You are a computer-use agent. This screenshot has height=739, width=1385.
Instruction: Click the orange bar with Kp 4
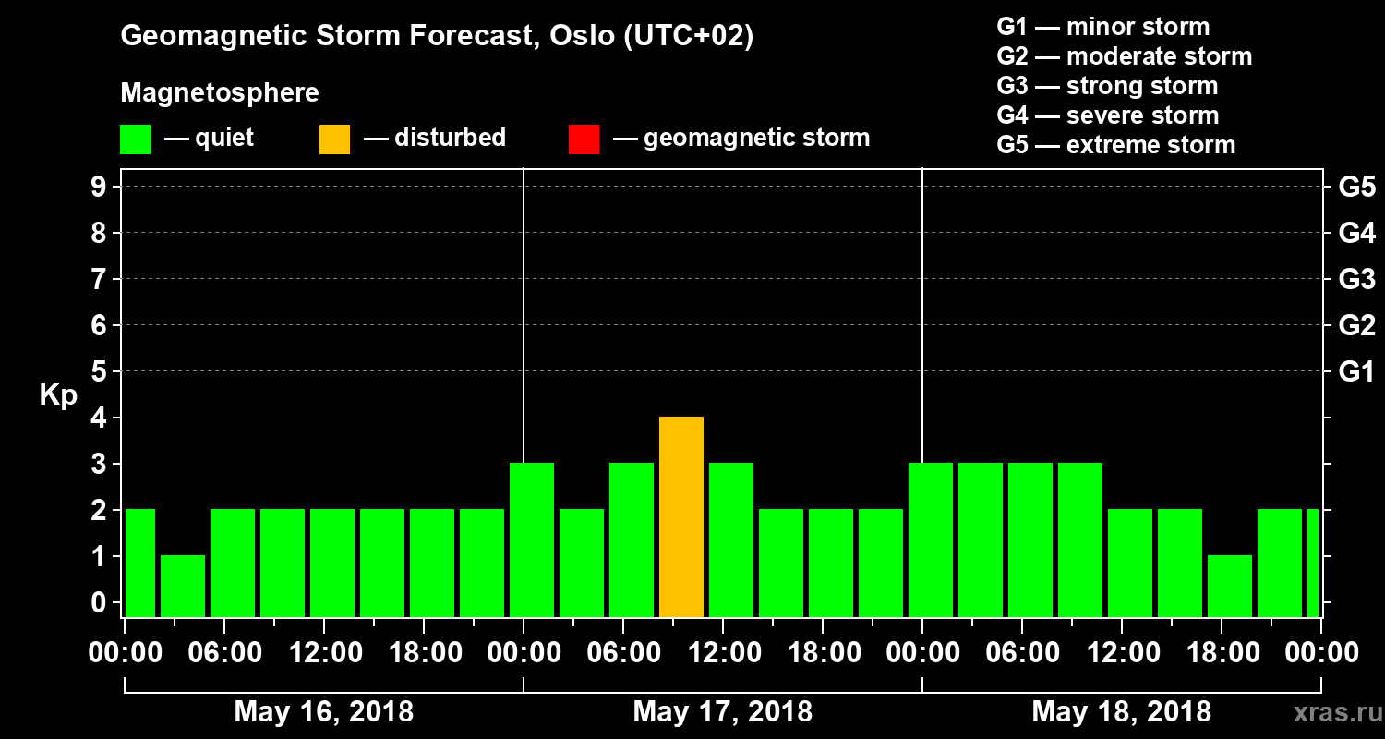click(681, 516)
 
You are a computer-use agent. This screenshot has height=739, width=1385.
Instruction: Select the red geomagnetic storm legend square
click(584, 139)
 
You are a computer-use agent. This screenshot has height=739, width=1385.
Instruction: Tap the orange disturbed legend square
click(334, 139)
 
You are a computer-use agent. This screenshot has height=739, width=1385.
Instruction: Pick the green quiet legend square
click(135, 139)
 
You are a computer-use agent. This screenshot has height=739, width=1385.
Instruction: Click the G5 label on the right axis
click(1356, 188)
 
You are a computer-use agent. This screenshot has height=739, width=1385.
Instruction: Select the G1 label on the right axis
click(1356, 372)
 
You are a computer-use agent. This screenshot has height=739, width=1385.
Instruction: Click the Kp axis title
click(58, 395)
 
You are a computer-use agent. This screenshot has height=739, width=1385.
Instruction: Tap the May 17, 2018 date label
click(722, 712)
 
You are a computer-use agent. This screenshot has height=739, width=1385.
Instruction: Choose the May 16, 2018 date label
click(323, 712)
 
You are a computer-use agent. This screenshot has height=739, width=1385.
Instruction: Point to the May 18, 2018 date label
click(1121, 712)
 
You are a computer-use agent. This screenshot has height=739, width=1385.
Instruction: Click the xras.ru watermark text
click(1330, 713)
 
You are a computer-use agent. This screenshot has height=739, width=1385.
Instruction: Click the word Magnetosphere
click(220, 93)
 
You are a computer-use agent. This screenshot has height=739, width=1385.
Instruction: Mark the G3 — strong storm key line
click(1107, 86)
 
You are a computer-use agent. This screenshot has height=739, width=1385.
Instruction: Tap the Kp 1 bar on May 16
click(183, 586)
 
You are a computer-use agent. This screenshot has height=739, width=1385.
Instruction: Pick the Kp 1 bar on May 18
click(1230, 586)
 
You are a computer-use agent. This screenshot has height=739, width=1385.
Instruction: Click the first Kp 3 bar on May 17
click(532, 539)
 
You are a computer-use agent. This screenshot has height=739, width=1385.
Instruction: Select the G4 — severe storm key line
click(1107, 115)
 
